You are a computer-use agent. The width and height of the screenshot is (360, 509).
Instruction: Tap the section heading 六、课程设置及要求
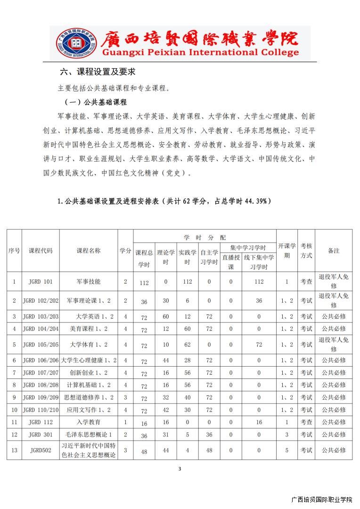[98, 72]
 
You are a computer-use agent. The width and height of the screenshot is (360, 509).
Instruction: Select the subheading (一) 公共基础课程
[96, 102]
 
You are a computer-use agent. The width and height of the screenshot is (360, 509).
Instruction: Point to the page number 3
[180, 468]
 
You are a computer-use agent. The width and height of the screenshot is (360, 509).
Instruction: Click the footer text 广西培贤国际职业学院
[322, 500]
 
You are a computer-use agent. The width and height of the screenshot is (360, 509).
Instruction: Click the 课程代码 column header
[41, 251]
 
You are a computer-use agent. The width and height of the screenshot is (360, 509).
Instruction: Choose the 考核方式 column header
[306, 251]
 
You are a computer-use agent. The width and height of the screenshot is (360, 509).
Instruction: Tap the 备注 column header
[334, 251]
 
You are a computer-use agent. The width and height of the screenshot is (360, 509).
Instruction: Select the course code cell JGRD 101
[41, 282]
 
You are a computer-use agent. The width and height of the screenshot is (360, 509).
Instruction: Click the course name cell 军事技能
[89, 282]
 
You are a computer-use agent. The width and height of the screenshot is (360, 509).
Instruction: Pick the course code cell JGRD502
[41, 450]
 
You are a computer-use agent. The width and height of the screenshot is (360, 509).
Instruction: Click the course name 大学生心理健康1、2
[89, 360]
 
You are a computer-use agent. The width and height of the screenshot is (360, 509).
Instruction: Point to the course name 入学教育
[89, 422]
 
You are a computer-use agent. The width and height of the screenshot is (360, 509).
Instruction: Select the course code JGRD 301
[41, 435]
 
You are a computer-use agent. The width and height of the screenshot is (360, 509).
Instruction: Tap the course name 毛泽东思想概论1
[89, 435]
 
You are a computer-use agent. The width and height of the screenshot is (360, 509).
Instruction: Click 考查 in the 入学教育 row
[306, 422]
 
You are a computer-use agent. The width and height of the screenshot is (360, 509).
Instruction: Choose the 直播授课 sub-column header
[231, 262]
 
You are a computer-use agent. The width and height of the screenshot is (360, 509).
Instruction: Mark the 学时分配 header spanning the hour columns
[205, 237]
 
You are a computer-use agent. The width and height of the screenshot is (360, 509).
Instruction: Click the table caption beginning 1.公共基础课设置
[164, 201]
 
